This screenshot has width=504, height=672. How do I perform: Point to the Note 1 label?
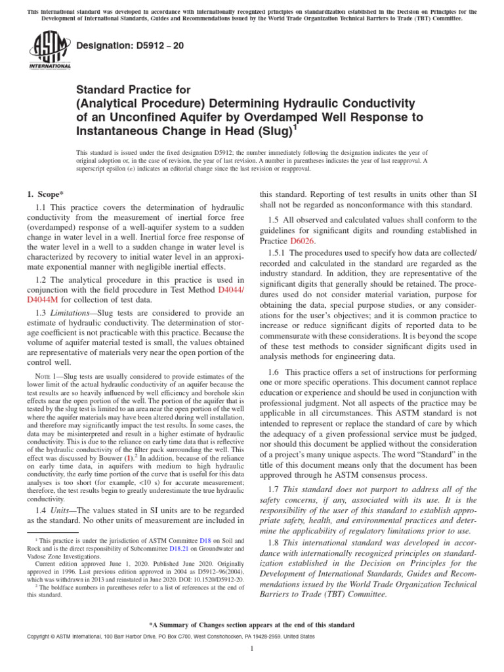point(47,375)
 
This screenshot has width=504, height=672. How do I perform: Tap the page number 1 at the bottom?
point(252,649)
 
